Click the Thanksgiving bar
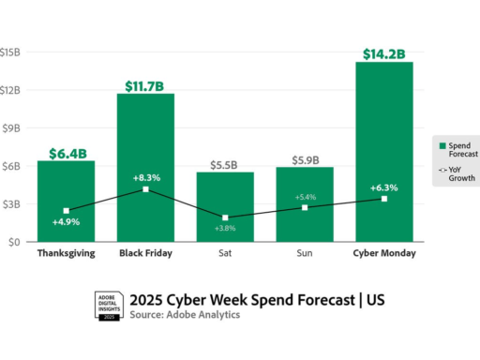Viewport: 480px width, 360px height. (x=66, y=201)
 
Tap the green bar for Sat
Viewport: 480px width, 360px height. (x=224, y=206)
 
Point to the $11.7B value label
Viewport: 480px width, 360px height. (x=145, y=86)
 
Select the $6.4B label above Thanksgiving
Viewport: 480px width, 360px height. (x=66, y=153)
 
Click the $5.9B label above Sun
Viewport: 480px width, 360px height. (x=304, y=159)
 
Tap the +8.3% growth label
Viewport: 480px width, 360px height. (x=145, y=175)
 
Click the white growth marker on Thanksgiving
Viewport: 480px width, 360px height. (x=66, y=211)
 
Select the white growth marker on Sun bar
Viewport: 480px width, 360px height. (x=304, y=207)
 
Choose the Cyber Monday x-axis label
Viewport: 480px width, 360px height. (x=383, y=253)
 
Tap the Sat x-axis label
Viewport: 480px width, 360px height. (x=224, y=253)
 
